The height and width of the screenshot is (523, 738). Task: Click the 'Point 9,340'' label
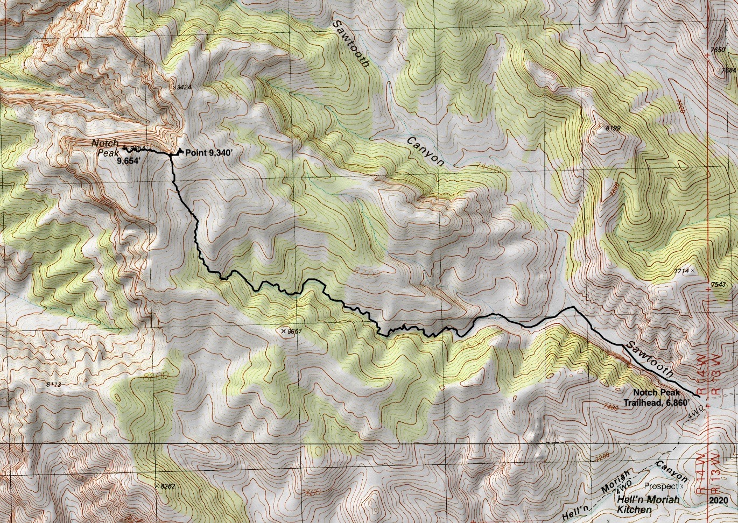209,153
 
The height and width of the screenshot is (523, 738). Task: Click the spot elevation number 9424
184,87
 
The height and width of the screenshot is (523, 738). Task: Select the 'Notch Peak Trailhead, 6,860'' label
652,398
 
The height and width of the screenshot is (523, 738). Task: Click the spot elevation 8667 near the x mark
293,331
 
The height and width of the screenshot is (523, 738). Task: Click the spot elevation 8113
54,384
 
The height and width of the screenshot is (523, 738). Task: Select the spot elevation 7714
681,272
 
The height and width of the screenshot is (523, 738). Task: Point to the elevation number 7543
718,284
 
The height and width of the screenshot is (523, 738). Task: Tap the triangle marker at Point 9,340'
180,151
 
